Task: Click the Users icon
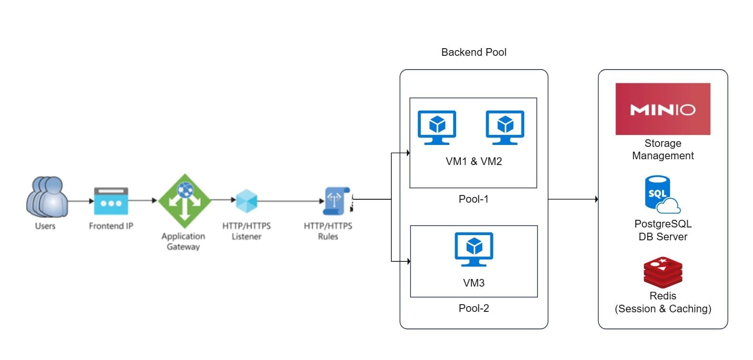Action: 47,197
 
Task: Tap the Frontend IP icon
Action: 111,201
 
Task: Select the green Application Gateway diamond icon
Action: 184,201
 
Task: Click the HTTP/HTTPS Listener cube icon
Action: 247,201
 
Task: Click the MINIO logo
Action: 663,109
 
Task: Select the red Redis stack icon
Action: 663,273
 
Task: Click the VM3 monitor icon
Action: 474,249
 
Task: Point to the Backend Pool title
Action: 474,52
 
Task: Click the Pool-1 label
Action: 474,199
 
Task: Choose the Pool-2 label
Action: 474,308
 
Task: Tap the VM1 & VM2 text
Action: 474,161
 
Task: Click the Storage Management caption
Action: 663,149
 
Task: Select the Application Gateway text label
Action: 183,241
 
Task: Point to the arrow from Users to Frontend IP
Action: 81,201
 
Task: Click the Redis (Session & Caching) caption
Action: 663,302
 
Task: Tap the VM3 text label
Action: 474,283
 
